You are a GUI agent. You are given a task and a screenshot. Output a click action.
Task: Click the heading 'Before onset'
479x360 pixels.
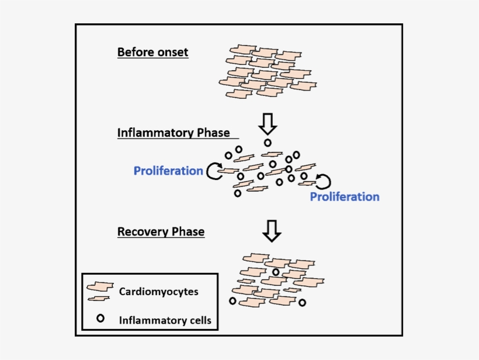152,52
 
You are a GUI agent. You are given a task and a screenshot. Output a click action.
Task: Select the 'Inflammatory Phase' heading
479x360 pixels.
173,133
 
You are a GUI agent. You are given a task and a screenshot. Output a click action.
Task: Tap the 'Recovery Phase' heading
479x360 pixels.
161,231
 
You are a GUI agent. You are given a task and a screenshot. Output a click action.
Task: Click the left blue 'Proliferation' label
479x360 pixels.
168,171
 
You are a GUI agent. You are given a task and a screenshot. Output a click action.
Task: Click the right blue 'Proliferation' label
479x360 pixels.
344,196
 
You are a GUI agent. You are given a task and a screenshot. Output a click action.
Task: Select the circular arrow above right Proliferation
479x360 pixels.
323,181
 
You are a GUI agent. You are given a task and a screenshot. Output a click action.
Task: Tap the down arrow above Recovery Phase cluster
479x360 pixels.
272,230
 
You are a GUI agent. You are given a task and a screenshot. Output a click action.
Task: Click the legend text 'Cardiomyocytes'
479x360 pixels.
158,291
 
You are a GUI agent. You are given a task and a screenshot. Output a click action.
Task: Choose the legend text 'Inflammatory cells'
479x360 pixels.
165,320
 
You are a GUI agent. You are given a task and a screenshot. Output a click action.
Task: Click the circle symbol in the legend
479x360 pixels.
100,319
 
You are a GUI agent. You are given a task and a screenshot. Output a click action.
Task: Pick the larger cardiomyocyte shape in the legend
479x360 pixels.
100,288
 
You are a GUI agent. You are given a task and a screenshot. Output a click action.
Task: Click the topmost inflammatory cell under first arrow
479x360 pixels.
268,143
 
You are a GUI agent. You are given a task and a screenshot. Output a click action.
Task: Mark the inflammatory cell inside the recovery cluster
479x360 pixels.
276,272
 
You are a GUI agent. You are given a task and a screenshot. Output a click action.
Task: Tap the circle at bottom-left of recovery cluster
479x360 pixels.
232,301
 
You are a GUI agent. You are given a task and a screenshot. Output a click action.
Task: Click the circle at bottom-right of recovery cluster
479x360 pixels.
302,303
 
